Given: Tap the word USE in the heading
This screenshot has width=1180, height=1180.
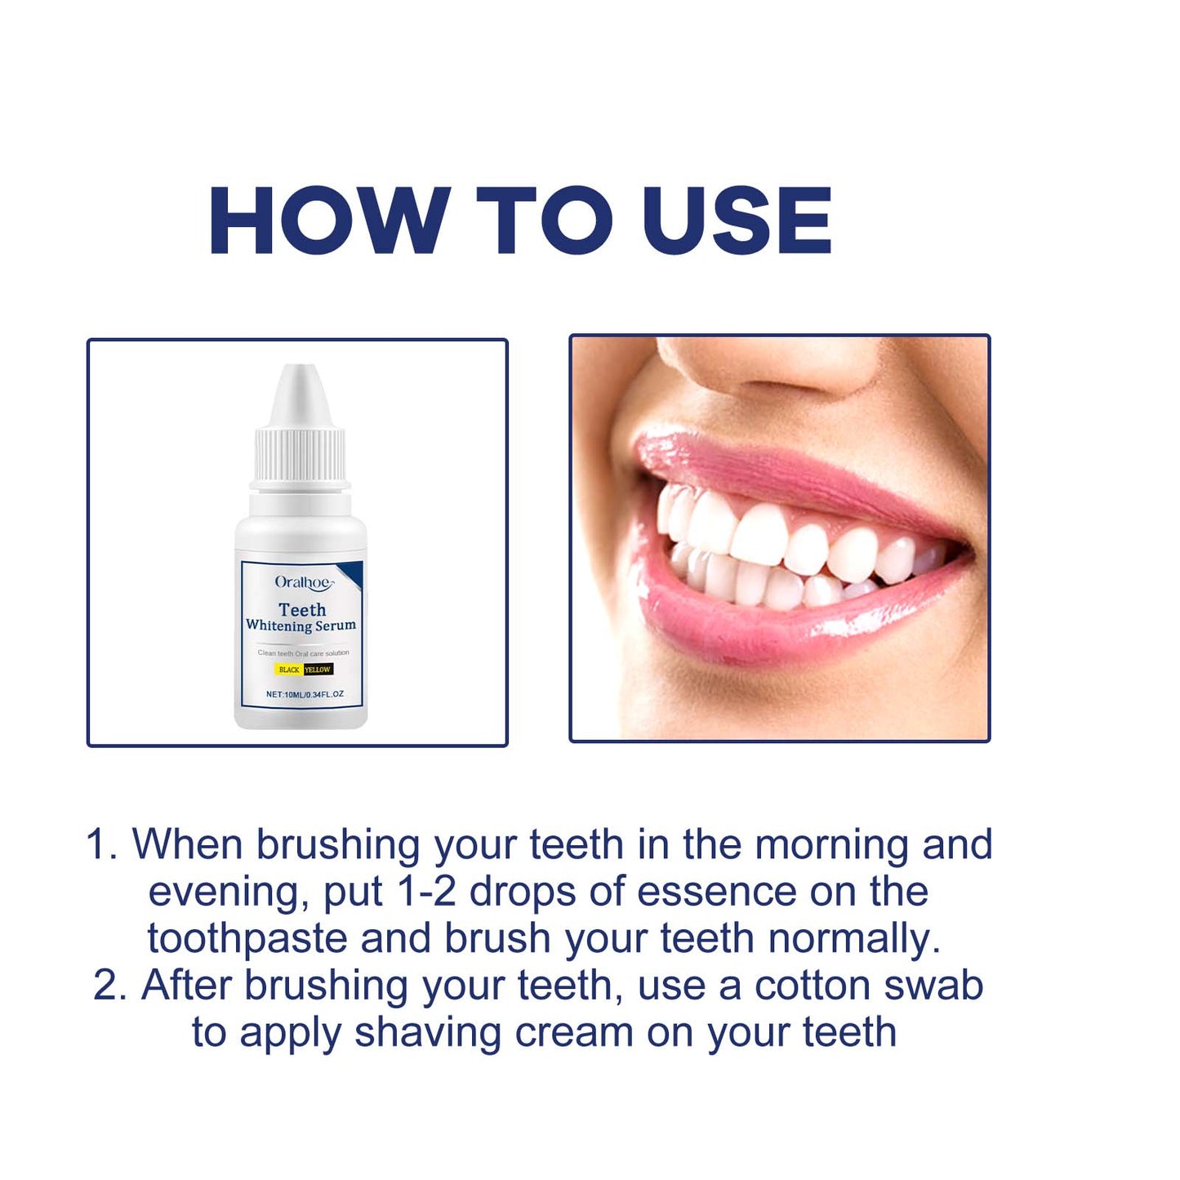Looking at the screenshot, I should [x=737, y=220].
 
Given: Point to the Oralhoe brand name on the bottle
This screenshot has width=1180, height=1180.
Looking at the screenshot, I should [x=303, y=582].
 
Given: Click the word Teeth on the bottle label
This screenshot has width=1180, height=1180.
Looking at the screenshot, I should [x=302, y=610].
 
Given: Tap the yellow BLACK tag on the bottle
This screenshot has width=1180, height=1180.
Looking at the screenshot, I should [x=288, y=670].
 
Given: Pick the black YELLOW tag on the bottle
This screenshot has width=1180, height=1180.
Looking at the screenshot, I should [x=318, y=670].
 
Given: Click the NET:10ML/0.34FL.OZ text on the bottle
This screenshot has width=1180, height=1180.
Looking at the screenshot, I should [x=305, y=694].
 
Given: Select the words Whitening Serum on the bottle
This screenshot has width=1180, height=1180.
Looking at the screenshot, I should [x=301, y=626].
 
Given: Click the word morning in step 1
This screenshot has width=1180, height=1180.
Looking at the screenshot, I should [x=831, y=845].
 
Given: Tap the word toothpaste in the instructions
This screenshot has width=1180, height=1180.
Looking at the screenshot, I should [x=247, y=939].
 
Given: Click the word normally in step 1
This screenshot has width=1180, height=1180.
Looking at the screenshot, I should [x=854, y=939].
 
